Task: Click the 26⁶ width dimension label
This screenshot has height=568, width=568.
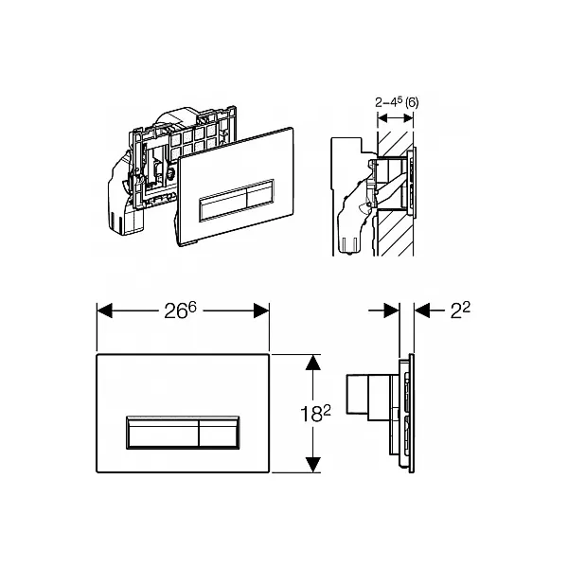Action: click(180, 311)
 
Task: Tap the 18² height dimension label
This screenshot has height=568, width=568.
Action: click(315, 414)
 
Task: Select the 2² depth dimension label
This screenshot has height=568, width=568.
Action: click(460, 311)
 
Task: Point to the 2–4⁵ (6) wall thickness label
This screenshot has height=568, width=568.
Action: click(397, 102)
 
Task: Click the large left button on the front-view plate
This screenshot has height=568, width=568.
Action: click(163, 433)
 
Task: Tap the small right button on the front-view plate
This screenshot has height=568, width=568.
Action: click(219, 433)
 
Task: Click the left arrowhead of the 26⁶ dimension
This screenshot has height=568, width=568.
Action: click(105, 311)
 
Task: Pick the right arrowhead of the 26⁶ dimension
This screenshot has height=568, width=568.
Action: click(261, 311)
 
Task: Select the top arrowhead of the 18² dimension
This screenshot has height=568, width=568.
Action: click(313, 363)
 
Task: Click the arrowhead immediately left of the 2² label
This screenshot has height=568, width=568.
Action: click(422, 311)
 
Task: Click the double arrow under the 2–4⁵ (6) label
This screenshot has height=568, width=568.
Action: click(395, 117)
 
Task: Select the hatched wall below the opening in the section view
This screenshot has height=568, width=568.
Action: click(394, 233)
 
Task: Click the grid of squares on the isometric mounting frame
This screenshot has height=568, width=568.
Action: click(194, 142)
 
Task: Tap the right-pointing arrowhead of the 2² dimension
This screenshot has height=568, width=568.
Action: click(392, 311)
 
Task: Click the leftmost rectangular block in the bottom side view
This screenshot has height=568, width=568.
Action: click(357, 394)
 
